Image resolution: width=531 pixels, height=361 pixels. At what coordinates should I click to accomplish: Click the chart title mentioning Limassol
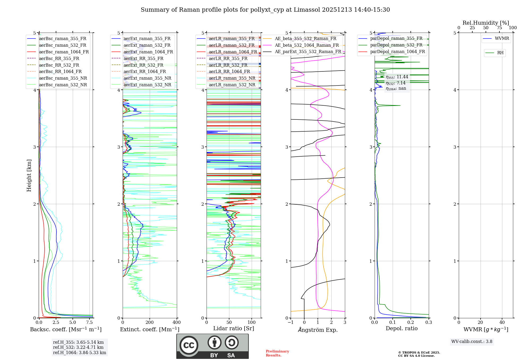[265, 10]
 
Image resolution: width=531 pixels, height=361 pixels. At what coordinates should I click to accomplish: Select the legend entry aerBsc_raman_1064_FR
[64, 52]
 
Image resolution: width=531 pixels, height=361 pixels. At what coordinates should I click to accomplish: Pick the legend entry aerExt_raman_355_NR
[147, 78]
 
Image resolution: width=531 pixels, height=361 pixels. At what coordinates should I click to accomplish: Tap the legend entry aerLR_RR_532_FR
[228, 65]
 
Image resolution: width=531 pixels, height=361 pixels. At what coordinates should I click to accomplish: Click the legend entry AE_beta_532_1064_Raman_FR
[307, 45]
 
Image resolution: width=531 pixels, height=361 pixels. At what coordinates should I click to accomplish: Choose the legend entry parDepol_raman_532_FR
[396, 45]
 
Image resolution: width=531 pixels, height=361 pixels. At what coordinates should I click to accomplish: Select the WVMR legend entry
[502, 38]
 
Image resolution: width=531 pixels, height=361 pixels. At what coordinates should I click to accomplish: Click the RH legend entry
[500, 53]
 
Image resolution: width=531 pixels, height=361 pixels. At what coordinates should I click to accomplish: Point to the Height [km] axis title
[29, 175]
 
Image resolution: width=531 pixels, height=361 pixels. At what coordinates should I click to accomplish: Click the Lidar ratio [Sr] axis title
[233, 328]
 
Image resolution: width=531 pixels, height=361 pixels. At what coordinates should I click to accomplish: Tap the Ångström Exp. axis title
[318, 330]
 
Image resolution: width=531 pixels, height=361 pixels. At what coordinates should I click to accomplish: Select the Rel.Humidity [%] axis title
[486, 23]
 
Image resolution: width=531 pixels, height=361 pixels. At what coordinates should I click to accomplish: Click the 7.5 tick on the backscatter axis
[89, 323]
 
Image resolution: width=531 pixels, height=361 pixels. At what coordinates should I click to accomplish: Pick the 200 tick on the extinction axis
[149, 323]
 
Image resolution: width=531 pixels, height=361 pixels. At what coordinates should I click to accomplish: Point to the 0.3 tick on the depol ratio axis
[429, 323]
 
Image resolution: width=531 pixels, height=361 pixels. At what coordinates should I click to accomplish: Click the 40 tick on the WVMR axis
[502, 323]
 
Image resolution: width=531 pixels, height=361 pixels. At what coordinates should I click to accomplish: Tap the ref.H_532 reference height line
[78, 347]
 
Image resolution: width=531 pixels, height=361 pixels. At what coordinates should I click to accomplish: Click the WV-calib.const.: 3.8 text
[472, 341]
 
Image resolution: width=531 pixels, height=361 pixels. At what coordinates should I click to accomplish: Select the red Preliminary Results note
[277, 353]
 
